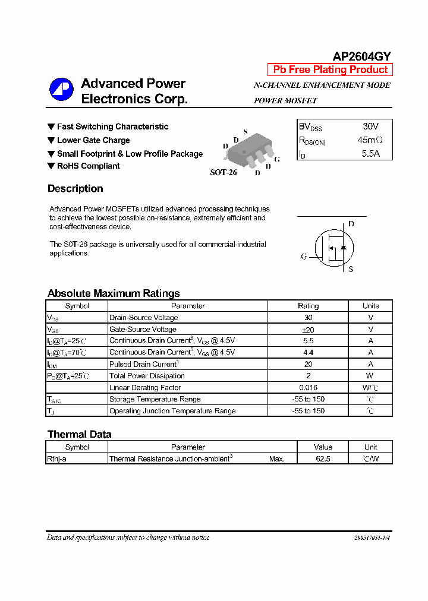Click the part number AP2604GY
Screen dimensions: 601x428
361,56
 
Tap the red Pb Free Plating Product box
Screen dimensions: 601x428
330,69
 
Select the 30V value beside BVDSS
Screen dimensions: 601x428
370,126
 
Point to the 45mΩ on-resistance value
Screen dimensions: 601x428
370,140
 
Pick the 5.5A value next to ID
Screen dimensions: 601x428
370,154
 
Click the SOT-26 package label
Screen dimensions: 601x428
224,173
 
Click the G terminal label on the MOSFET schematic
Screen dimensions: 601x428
304,257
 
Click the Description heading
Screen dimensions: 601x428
75,189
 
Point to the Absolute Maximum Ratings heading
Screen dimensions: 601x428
114,293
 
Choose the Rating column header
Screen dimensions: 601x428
308,306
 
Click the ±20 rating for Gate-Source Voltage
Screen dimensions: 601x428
308,330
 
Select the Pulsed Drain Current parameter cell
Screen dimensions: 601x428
144,364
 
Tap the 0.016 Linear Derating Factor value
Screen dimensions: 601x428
308,388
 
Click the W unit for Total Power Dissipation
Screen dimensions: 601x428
370,376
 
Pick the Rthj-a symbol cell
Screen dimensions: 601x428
56,459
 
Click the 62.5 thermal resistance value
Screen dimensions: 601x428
323,459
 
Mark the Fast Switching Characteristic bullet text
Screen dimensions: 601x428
112,126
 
